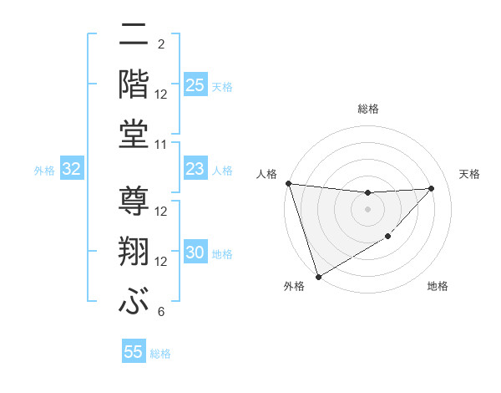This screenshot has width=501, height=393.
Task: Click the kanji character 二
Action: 134,38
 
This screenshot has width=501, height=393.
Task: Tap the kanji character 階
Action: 134,84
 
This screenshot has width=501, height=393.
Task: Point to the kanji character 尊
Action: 134,202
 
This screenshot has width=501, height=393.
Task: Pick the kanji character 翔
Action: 134,252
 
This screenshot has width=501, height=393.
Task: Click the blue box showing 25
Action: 195,85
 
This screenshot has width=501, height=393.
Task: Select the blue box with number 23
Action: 195,170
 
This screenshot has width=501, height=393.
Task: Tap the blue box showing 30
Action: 195,253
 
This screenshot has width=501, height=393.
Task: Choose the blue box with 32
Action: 72,170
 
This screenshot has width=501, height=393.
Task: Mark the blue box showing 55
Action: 134,352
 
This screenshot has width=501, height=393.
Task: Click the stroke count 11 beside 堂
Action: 161,145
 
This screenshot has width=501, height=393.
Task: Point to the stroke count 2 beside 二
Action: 161,43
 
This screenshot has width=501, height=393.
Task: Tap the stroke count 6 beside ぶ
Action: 161,312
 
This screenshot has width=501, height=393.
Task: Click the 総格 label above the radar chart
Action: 368,109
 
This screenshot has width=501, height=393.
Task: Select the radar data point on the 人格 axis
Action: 289,183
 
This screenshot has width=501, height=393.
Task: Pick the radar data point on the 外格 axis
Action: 318,276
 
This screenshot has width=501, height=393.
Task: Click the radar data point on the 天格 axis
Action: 432,188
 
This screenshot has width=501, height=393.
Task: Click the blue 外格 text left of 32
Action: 44,171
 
